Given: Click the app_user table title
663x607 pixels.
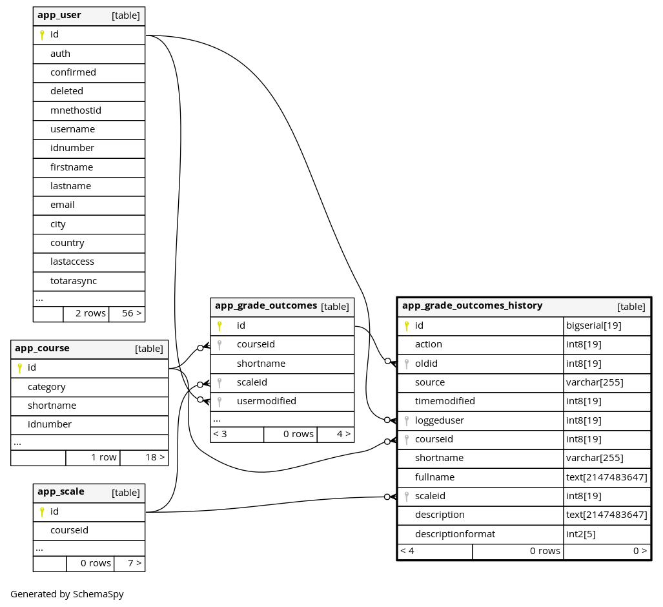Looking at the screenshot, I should tap(59, 15).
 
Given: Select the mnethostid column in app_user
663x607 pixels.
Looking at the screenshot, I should tap(76, 110).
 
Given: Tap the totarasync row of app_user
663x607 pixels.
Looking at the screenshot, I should tap(74, 281).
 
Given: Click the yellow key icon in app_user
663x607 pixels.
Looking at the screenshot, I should tap(42, 35).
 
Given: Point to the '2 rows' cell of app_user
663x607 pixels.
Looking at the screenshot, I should tap(86, 314).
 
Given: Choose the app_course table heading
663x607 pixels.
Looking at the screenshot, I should tap(42, 348).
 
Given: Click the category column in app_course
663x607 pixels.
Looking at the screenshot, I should tap(46, 387).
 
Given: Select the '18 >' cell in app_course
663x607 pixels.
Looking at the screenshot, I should tap(144, 457).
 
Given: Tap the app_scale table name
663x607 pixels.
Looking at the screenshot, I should tap(61, 491).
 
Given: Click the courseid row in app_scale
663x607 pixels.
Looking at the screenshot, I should tap(69, 530).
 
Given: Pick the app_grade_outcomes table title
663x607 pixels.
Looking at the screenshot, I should tap(265, 305).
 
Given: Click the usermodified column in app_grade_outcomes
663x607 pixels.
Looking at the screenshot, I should tap(266, 401).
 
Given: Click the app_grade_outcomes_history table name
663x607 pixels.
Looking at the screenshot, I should tap(472, 305).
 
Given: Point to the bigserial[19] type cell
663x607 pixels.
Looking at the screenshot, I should tap(593, 325).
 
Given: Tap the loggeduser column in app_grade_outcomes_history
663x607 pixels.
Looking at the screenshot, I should tap(439, 420).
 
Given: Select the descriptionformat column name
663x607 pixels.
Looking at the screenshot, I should tap(455, 534).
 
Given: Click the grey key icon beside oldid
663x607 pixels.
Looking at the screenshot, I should tap(407, 364).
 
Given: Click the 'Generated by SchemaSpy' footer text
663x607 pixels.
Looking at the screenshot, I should tap(67, 594).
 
